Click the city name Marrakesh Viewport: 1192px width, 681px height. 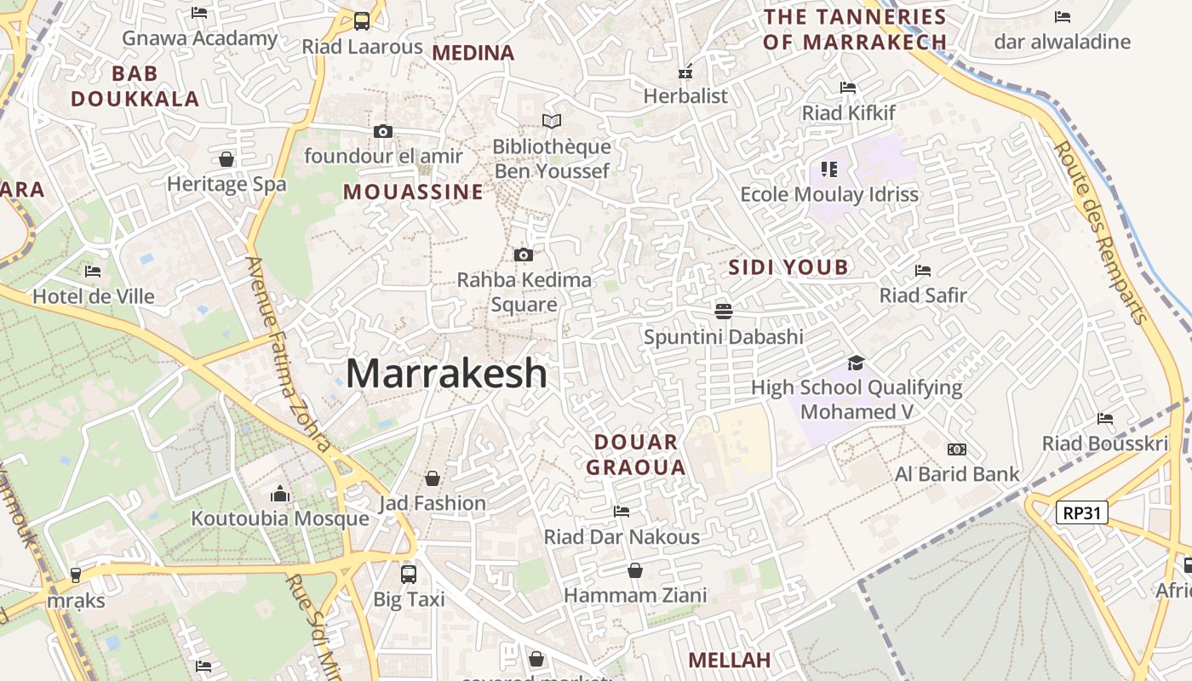[x=446, y=374]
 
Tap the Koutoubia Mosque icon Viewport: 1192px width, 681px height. [x=280, y=494]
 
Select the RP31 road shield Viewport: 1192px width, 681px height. [x=1082, y=512]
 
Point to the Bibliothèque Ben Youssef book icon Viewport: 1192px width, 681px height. [x=552, y=121]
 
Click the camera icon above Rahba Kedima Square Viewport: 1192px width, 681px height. [x=524, y=255]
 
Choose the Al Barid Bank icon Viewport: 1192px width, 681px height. [x=957, y=449]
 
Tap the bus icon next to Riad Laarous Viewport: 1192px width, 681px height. [x=362, y=21]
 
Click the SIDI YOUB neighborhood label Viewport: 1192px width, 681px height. [x=788, y=267]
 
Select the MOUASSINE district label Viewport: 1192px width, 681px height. [x=413, y=192]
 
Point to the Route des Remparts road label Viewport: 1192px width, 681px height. [x=1101, y=232]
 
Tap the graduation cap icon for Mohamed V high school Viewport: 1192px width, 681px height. [x=856, y=363]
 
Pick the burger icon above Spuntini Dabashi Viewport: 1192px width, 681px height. [x=724, y=311]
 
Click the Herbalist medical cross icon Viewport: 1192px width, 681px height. [x=685, y=72]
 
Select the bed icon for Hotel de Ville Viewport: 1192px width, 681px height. [x=93, y=272]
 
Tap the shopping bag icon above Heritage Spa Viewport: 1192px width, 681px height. [x=226, y=159]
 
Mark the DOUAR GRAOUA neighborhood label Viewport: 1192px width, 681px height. [x=636, y=455]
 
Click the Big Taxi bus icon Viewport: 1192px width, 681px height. [x=409, y=574]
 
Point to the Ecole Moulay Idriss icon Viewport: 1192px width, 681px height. [x=829, y=169]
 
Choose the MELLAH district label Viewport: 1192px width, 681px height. [x=729, y=660]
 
